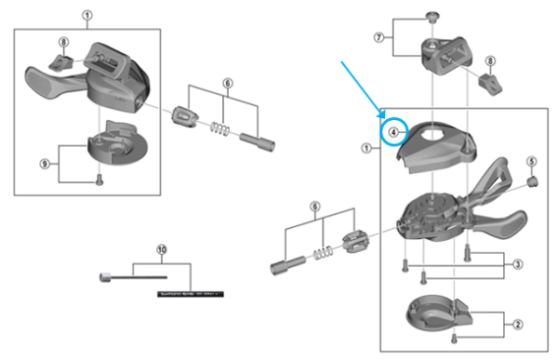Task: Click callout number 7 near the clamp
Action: click(x=379, y=37)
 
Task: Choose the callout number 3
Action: click(x=517, y=264)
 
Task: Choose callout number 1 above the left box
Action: click(x=87, y=15)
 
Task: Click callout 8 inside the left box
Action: click(x=63, y=42)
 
